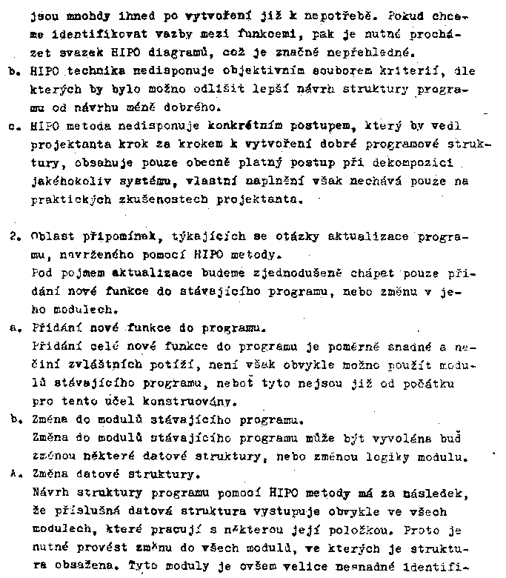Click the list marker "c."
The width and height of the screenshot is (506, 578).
[16, 126]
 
